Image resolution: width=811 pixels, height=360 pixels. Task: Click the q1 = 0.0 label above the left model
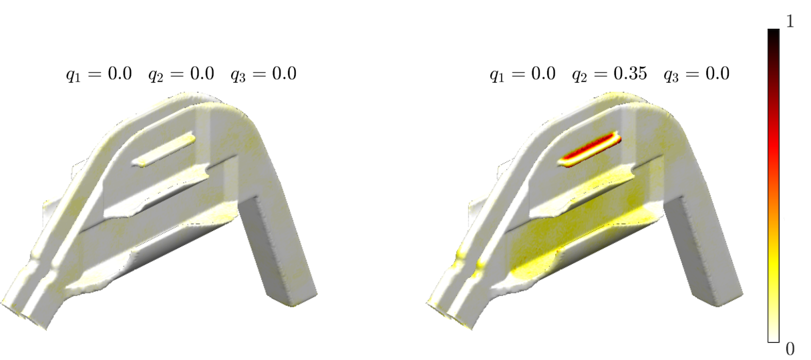pos(99,75)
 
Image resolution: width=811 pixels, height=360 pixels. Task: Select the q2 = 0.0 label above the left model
pos(182,75)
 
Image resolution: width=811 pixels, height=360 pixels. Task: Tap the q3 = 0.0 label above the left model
pos(264,75)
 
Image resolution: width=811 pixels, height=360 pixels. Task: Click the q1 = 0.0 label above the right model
pos(522,75)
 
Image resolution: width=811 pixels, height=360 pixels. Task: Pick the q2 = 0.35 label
pos(609,75)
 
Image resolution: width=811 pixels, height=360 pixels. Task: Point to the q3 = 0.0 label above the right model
pos(696,75)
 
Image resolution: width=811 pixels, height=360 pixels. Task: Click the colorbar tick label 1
pos(790,22)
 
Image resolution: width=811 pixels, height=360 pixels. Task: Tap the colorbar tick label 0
pos(790,349)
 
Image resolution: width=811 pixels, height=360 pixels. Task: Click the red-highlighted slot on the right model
pos(589,149)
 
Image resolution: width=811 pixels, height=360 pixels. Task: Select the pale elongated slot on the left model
pos(164,149)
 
